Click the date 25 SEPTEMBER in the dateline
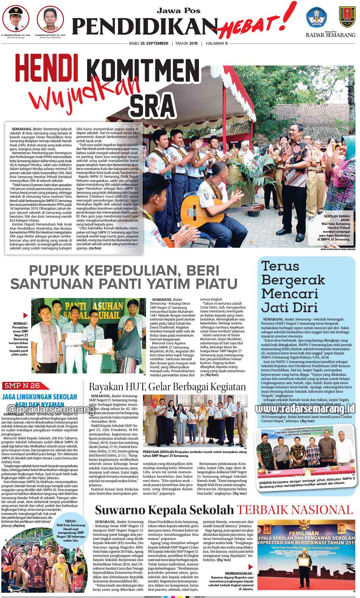[154, 43]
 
